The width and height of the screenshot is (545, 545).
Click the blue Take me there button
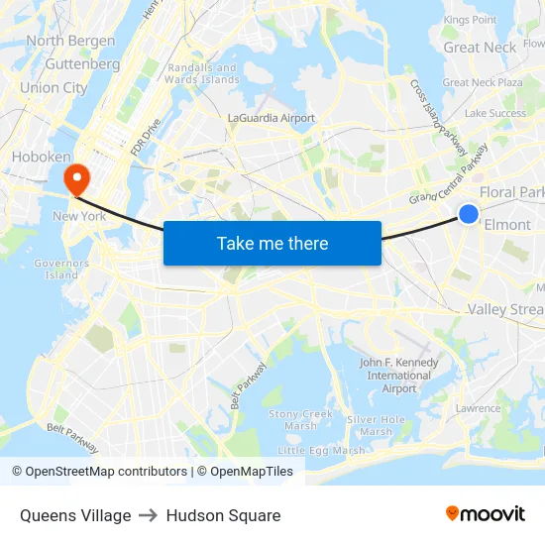pyautogui.click(x=272, y=243)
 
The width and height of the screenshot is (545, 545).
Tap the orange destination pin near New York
pyautogui.click(x=75, y=178)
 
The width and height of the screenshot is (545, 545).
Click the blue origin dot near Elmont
pyautogui.click(x=469, y=214)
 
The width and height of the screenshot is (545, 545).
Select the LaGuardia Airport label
pyautogui.click(x=271, y=118)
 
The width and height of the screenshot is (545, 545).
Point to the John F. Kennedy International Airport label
pyautogui.click(x=399, y=376)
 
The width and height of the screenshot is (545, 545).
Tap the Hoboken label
pyautogui.click(x=41, y=157)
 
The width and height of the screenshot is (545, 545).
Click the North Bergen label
pyautogui.click(x=70, y=41)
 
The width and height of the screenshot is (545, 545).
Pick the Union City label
pyautogui.click(x=54, y=87)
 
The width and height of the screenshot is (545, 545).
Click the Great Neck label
pyautogui.click(x=480, y=47)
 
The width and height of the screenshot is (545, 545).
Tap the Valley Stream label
pyautogui.click(x=505, y=309)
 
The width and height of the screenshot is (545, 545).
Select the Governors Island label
pyautogui.click(x=61, y=269)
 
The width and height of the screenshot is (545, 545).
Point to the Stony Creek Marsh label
pyautogui.click(x=300, y=419)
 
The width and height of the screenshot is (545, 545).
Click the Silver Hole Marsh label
pyautogui.click(x=376, y=425)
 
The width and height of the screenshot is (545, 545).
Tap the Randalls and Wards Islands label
pyautogui.click(x=200, y=73)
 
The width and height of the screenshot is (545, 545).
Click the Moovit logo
pyautogui.click(x=485, y=513)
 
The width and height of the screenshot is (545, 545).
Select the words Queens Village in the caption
pyautogui.click(x=75, y=515)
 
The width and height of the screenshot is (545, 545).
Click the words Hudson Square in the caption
pyautogui.click(x=223, y=515)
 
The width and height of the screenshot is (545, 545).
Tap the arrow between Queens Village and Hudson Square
pyautogui.click(x=149, y=515)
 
